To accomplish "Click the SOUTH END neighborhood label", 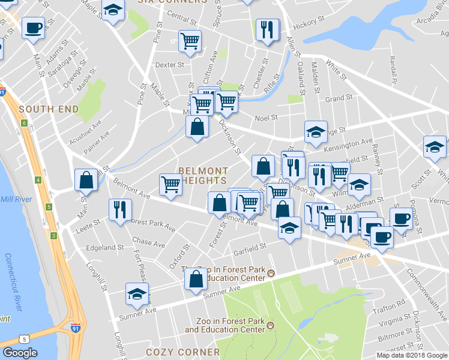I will (x=49, y=109).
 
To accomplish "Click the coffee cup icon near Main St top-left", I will (x=33, y=27).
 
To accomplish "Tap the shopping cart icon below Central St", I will (x=190, y=41).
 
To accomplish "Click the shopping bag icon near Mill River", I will (x=86, y=179).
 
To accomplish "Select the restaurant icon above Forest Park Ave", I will (x=119, y=209).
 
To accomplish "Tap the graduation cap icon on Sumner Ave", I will (x=137, y=294).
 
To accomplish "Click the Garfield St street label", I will (x=250, y=247).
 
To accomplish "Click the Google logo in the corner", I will (x=20, y=352).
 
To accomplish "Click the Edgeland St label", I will (x=105, y=247).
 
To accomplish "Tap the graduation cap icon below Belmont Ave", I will (x=289, y=227).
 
